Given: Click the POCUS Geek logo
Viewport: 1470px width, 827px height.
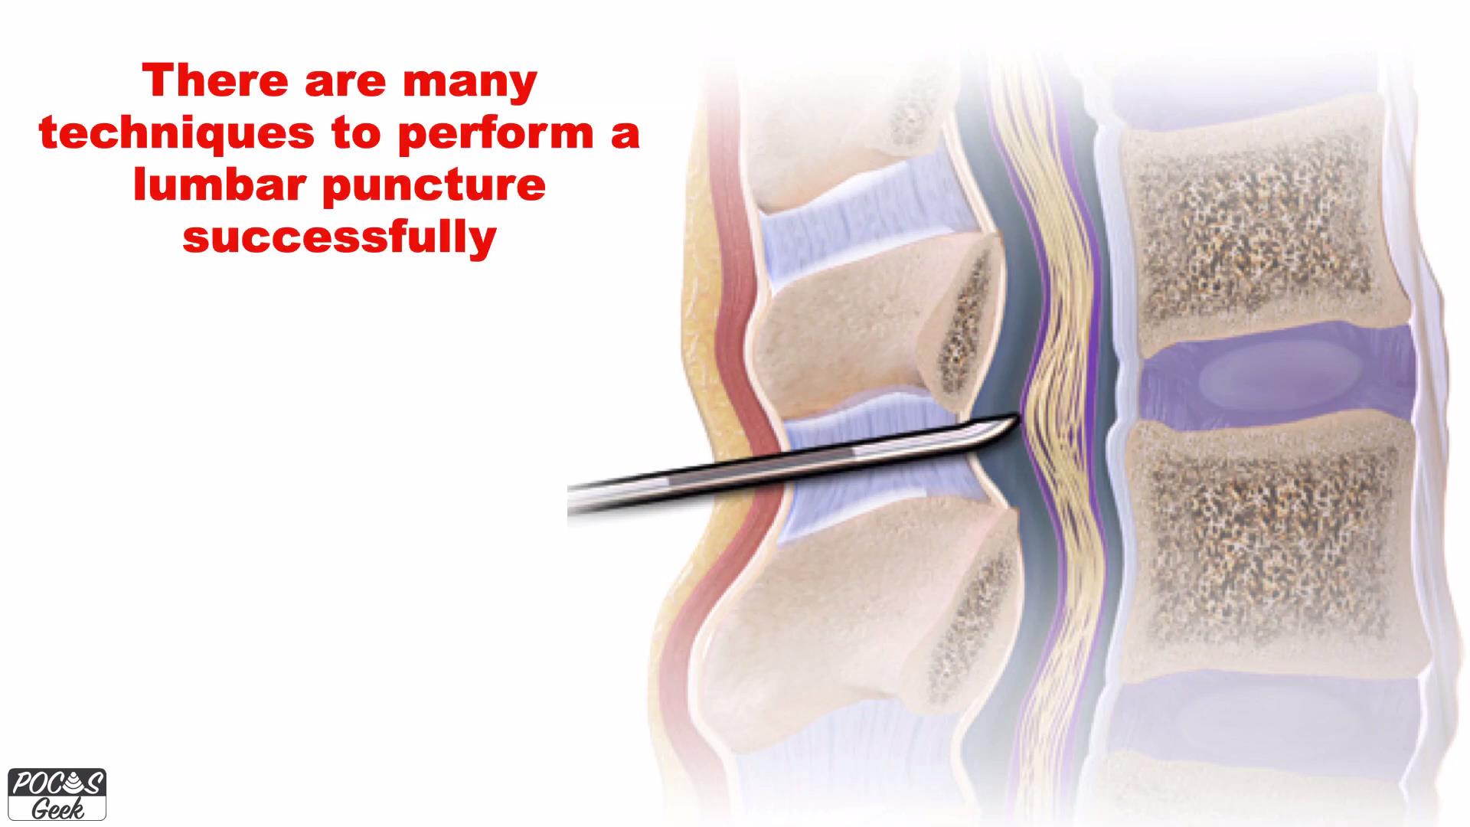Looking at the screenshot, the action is (57, 794).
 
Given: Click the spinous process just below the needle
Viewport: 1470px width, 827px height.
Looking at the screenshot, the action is (865, 605).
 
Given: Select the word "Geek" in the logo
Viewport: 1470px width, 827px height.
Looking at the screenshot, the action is (57, 809).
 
